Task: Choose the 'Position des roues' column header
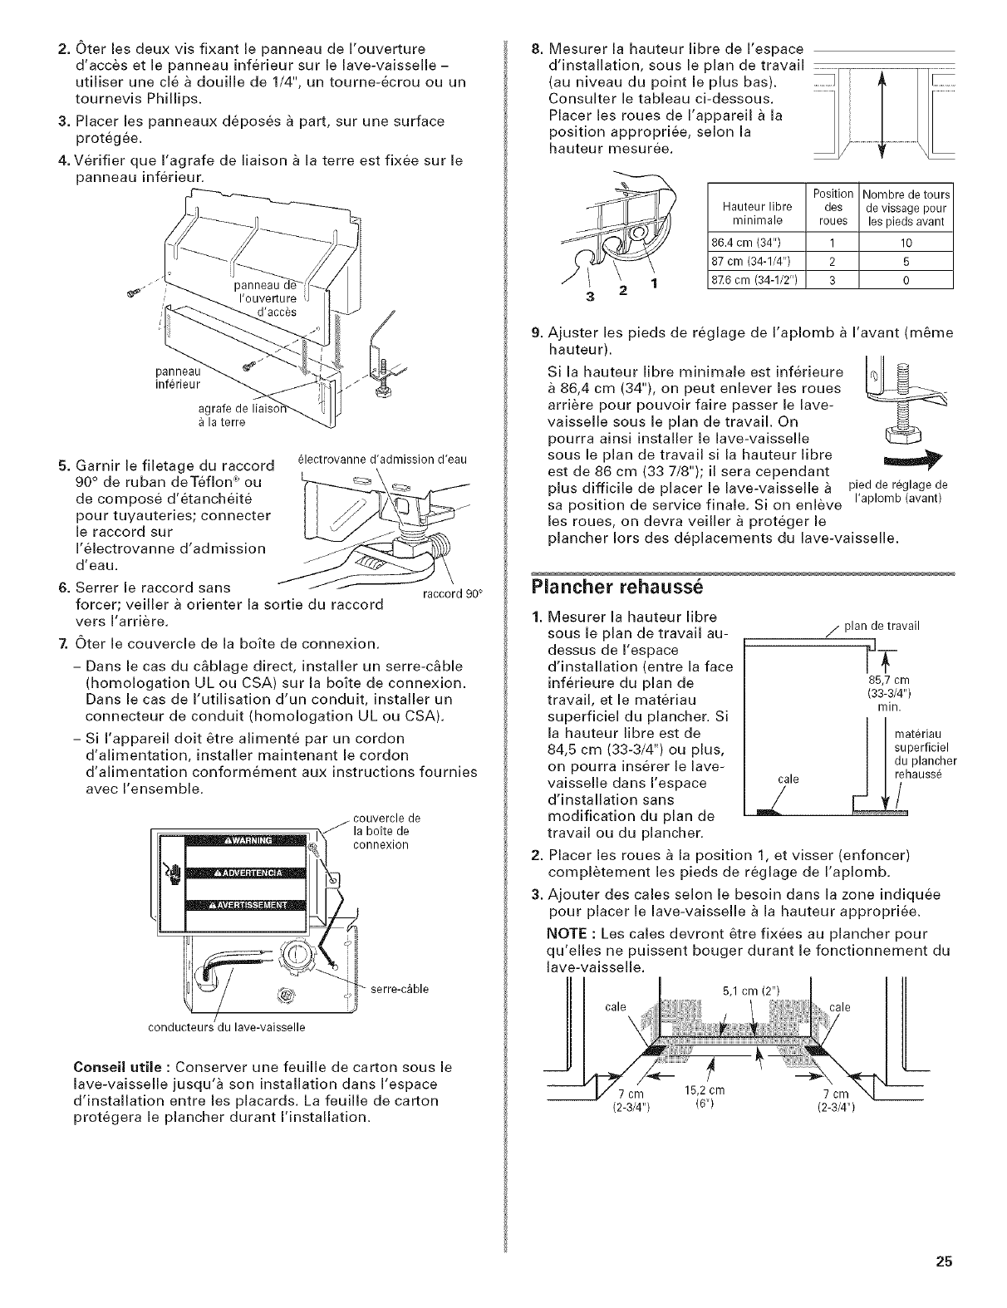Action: [833, 206]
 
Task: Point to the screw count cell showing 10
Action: [906, 243]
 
